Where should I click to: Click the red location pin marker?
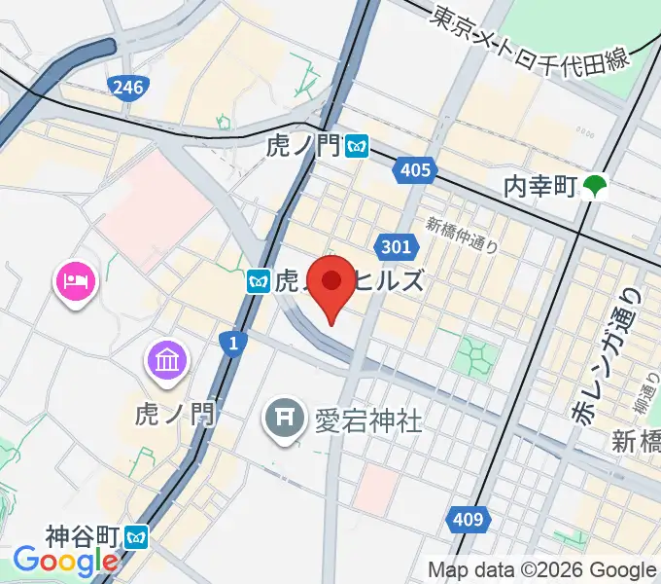click(331, 283)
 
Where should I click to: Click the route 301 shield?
click(397, 247)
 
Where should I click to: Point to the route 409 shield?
click(468, 520)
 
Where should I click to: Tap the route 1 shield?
click(231, 343)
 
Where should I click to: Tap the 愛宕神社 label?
click(368, 420)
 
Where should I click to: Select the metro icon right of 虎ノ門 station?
click(359, 147)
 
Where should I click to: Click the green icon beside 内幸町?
click(595, 185)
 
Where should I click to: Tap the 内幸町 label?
click(540, 185)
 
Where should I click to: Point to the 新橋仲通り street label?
click(462, 236)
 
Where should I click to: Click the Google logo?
click(66, 562)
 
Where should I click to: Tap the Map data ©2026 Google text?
click(542, 569)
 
